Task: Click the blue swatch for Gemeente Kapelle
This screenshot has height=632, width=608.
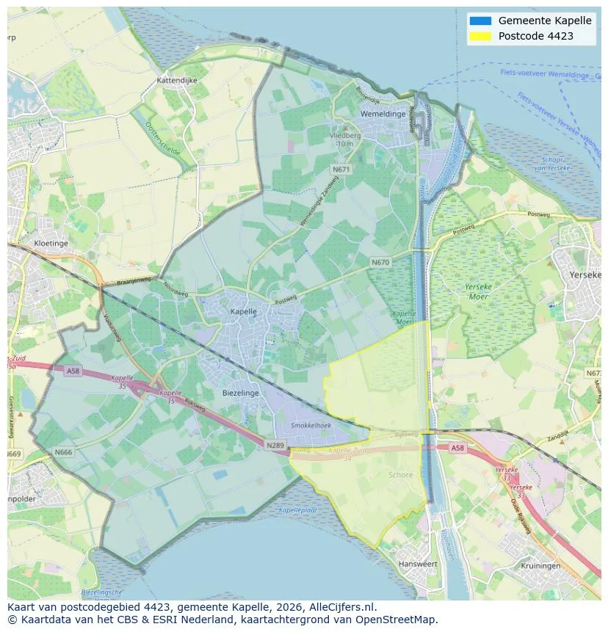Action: coord(480,21)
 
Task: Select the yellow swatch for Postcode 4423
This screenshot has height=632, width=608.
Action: coord(480,36)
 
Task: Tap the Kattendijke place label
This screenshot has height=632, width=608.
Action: coord(177,80)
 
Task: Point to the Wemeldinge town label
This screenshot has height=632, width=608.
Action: coord(383,114)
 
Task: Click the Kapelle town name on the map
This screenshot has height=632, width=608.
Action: coord(244,311)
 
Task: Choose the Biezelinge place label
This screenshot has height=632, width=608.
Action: coord(240,393)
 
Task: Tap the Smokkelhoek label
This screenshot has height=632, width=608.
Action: coord(311,425)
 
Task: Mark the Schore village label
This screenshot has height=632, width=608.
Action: coord(400,475)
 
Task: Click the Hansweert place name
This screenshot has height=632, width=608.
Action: coord(417,564)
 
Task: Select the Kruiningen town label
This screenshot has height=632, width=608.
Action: coord(540,566)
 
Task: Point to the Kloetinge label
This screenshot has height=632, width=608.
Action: coord(51,243)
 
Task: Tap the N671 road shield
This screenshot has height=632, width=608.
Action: coord(341,169)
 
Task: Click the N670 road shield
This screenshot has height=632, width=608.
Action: coord(380,262)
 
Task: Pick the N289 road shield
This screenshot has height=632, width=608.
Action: coord(275,445)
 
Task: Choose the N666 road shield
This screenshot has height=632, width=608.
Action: coord(63,452)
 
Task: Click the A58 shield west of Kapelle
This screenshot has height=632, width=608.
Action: coord(72,371)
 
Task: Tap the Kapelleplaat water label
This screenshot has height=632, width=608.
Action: coord(297,510)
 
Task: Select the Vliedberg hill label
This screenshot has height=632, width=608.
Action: coord(345,136)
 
